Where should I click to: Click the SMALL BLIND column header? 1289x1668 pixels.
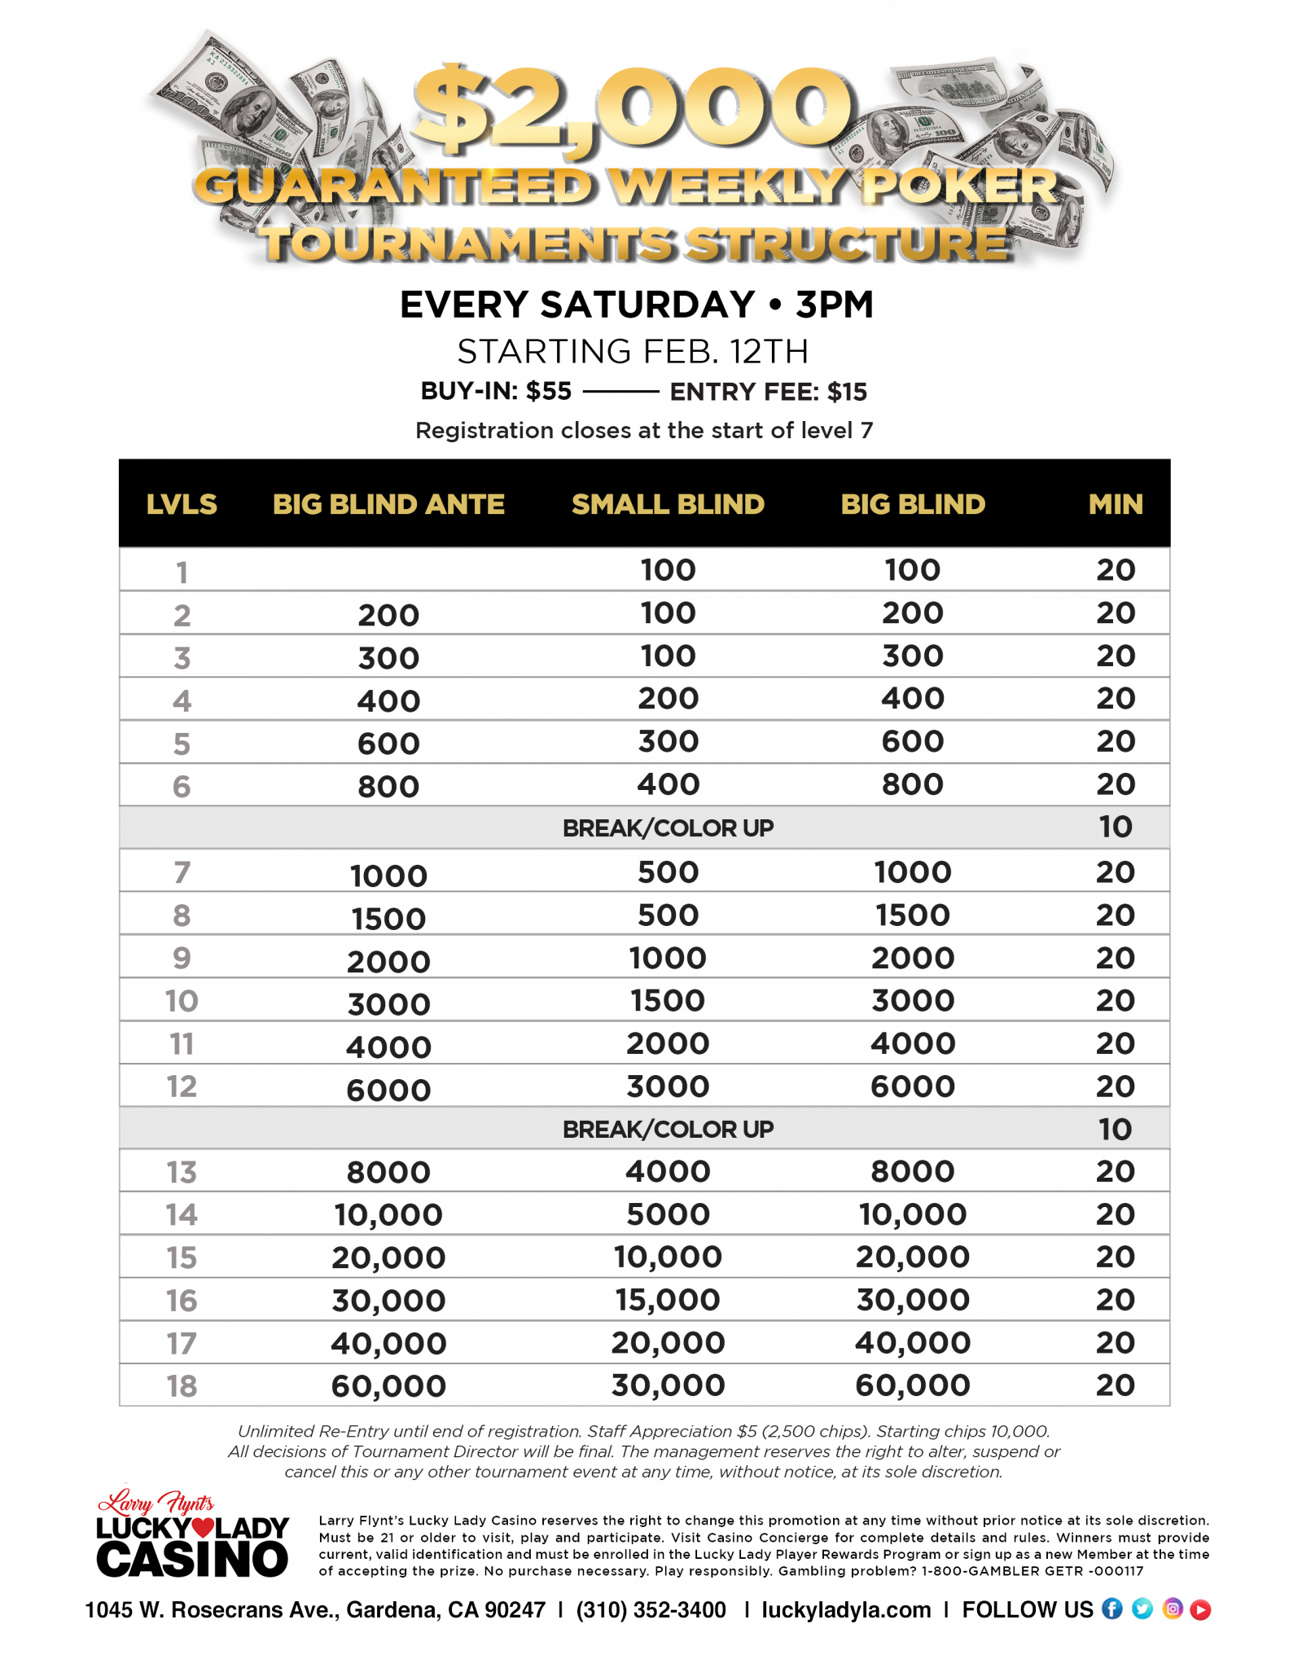coord(668,504)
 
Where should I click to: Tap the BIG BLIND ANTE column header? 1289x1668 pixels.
coord(388,504)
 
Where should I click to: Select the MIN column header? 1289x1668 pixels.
coord(1115,504)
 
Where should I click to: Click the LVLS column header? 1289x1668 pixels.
coord(182,504)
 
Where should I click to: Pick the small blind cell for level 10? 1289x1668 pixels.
coord(668,1000)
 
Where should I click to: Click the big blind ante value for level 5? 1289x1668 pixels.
coord(388,744)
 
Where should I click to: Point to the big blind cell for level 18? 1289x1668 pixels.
coord(912,1385)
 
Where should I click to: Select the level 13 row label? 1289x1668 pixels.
coord(182,1172)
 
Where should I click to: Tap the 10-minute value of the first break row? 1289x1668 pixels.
coord(1115,827)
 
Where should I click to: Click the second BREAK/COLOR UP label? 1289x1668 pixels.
coord(668,1129)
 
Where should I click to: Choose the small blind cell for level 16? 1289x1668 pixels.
coord(668,1300)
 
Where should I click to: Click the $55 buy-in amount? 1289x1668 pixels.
coord(549,392)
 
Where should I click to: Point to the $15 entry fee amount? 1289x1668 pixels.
coord(847,392)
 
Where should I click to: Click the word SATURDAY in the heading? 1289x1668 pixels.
coord(647,305)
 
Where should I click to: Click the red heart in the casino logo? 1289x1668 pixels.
coord(202,1528)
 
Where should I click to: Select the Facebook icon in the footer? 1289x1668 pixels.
coord(1111,1609)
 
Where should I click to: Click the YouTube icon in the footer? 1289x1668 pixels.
coord(1200,1609)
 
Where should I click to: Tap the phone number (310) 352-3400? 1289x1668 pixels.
coord(651,1609)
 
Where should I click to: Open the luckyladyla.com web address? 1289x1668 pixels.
coord(846,1609)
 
